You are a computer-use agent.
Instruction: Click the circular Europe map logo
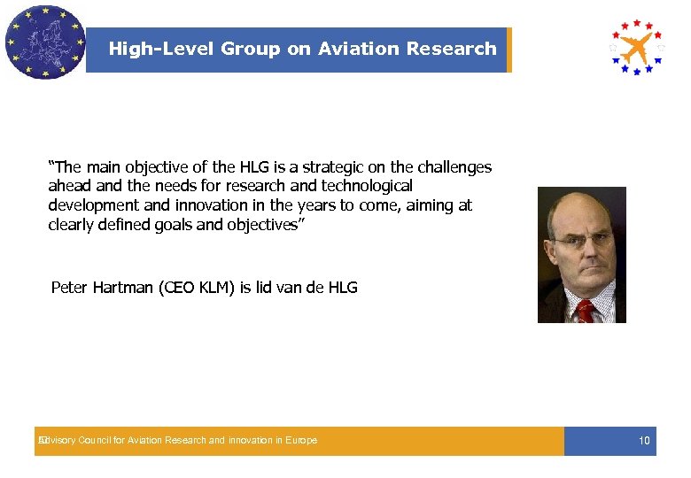pyautogui.click(x=43, y=42)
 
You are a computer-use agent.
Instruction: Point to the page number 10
pyautogui.click(x=644, y=441)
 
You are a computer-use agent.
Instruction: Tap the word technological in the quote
pyautogui.click(x=368, y=186)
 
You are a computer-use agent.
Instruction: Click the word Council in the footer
pyautogui.click(x=98, y=441)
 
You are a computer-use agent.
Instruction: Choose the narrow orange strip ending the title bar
pyautogui.click(x=509, y=50)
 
